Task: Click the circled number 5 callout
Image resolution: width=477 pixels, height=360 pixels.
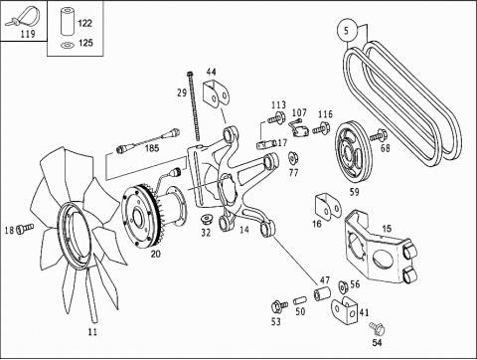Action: pos(347,31)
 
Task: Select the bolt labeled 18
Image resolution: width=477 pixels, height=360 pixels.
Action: pos(25,228)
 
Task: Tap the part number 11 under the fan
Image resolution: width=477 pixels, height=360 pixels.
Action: pos(92,331)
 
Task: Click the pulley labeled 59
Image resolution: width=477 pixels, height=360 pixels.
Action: pos(353,152)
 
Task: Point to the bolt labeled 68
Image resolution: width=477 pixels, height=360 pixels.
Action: pos(379,135)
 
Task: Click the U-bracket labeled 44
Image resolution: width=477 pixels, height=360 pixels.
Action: pos(216,92)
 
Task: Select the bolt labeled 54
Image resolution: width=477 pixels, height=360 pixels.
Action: pos(377,329)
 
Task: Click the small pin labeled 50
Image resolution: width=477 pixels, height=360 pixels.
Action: pos(300,301)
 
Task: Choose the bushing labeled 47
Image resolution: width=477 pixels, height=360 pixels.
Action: pos(322,294)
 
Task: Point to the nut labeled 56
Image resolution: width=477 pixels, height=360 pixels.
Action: pos(343,286)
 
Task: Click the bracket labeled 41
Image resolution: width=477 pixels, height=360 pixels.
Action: pos(345,311)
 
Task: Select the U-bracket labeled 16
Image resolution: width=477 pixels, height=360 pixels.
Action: pos(327,207)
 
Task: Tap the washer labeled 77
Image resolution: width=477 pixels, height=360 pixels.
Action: pos(293,158)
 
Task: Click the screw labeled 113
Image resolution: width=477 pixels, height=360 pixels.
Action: pos(277,117)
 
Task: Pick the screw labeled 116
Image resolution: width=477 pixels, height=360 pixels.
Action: pos(321,128)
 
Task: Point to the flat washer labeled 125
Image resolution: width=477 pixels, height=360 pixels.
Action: pos(68,45)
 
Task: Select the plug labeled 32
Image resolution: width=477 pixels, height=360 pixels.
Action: pos(208,219)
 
